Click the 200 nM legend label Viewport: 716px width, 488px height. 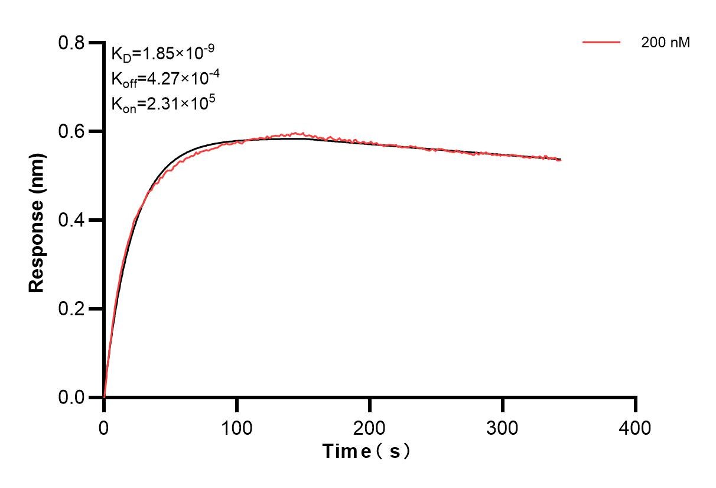pyautogui.click(x=665, y=43)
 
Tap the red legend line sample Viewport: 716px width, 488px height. pyautogui.click(x=601, y=43)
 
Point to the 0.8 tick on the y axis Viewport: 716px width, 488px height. pyautogui.click(x=71, y=43)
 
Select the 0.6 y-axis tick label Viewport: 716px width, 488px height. pyautogui.click(x=71, y=131)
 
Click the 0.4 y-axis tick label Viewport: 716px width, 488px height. pyautogui.click(x=71, y=220)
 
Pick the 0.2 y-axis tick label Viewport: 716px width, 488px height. pyautogui.click(x=71, y=309)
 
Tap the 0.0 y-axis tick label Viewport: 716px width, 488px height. pyautogui.click(x=71, y=397)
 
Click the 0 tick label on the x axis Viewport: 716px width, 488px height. pyautogui.click(x=104, y=428)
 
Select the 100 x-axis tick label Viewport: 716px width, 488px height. pyautogui.click(x=237, y=428)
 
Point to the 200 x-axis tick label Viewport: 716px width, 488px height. pyautogui.click(x=370, y=428)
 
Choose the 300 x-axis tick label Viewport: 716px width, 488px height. pyautogui.click(x=503, y=428)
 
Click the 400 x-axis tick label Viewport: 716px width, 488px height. pyautogui.click(x=636, y=428)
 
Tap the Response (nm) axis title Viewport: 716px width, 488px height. pyautogui.click(x=37, y=220)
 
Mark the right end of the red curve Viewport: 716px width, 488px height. pyautogui.click(x=560, y=160)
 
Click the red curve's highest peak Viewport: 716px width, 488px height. pyautogui.click(x=302, y=133)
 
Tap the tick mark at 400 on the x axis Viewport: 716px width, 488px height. pyautogui.click(x=636, y=403)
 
